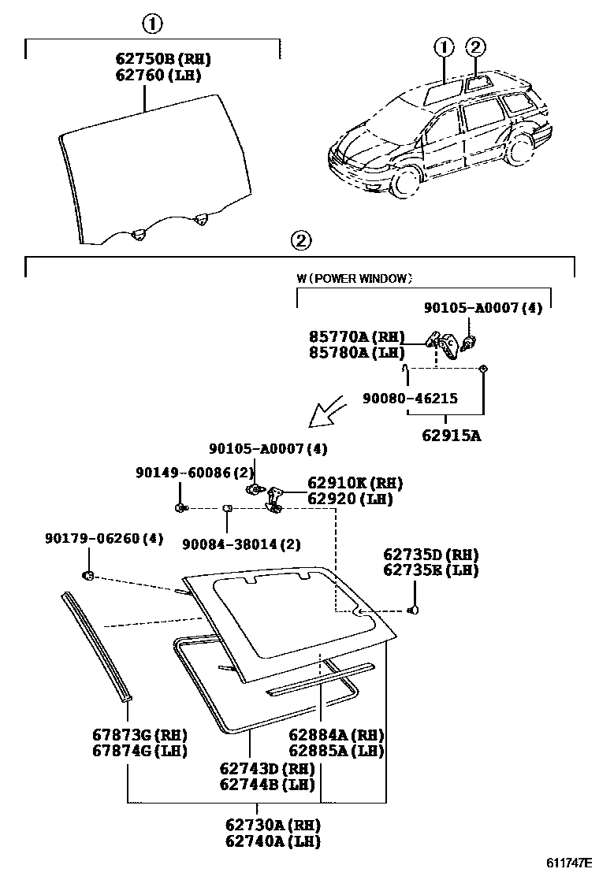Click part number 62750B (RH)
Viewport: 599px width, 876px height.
162,60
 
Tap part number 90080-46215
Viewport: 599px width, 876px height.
410,399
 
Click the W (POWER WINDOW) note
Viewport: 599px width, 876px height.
355,278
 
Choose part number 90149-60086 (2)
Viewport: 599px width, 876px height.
182,473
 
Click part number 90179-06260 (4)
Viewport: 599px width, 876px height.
103,538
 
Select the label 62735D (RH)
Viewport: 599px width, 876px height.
431,554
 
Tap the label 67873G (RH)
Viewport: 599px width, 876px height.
140,734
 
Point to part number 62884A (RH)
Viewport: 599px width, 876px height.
336,734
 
